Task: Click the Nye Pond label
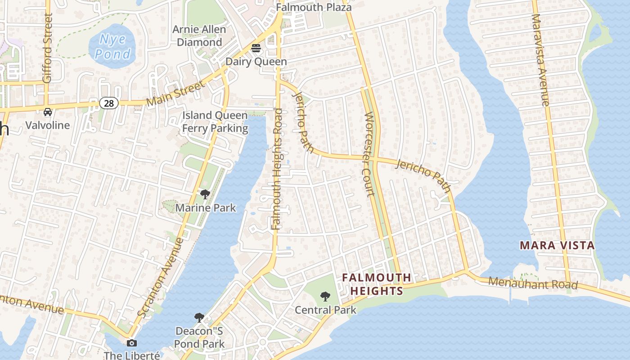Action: [112, 47]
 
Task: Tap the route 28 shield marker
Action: [109, 103]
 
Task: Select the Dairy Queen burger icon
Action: [256, 48]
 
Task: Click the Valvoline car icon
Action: [47, 112]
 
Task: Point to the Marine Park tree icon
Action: [205, 194]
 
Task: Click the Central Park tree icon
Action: [325, 297]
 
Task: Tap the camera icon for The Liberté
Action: [132, 343]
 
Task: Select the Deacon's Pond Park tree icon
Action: [199, 318]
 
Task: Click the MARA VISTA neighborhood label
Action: [557, 246]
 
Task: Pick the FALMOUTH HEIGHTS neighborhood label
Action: [377, 284]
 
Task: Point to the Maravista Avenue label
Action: [540, 60]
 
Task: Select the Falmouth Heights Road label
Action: [278, 169]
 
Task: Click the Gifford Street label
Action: [47, 48]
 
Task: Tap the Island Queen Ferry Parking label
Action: [215, 122]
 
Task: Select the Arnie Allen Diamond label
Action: [199, 36]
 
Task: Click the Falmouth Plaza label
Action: [314, 7]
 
